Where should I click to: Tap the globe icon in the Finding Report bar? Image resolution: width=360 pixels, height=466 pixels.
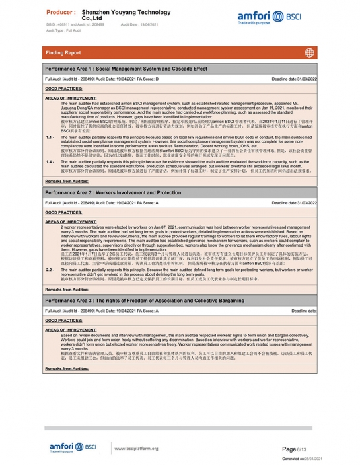tap(309, 52)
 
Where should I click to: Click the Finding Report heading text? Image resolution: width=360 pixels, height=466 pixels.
tap(63, 52)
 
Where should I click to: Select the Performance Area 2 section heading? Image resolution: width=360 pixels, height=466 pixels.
tap(113, 192)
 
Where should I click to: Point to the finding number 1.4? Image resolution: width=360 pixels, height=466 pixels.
tap(50, 161)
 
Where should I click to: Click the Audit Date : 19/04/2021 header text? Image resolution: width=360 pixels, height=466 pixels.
tap(140, 24)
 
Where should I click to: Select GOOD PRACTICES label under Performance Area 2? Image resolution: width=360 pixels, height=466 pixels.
tap(64, 212)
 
